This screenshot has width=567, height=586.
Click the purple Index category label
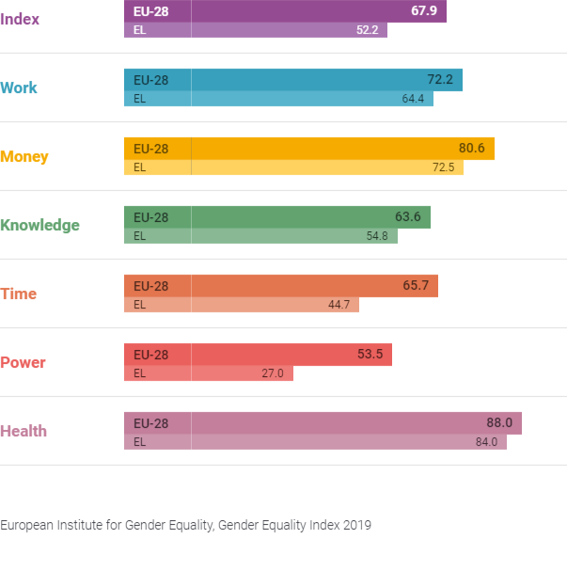click(x=20, y=19)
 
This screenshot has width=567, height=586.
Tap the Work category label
click(x=19, y=87)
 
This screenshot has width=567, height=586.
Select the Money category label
click(x=24, y=156)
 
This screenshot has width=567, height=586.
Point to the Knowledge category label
click(x=39, y=225)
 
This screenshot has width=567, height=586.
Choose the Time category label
click(x=19, y=293)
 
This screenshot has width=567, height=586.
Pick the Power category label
click(x=23, y=362)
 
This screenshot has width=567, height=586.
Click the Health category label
click(x=24, y=431)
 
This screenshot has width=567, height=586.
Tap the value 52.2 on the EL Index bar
click(x=366, y=30)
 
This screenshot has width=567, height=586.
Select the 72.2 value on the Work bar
click(x=439, y=80)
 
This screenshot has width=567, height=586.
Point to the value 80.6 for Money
click(x=471, y=149)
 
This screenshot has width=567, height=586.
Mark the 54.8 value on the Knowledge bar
click(x=377, y=236)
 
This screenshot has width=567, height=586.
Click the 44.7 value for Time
click(x=339, y=305)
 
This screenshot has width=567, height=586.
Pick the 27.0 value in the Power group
click(x=273, y=373)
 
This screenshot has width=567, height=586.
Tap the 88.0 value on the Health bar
click(x=499, y=423)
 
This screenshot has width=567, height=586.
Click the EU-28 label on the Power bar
click(x=150, y=355)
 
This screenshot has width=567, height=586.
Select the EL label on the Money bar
click(x=140, y=167)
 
